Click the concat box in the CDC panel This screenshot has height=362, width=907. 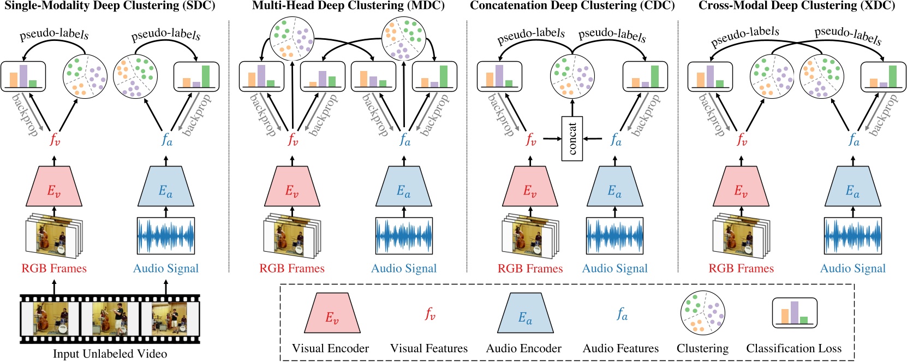[572, 138]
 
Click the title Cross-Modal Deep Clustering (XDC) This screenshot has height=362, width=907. [797, 6]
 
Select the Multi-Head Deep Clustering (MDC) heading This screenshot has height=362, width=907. [348, 6]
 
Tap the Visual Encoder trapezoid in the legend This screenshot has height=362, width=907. [332, 313]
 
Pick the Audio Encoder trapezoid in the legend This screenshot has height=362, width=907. [524, 313]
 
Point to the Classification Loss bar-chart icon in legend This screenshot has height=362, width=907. [795, 313]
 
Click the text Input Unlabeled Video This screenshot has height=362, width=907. [110, 354]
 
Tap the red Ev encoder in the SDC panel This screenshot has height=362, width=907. [54, 187]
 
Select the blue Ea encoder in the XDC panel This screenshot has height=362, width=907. [852, 187]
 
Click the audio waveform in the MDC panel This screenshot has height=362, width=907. [404, 236]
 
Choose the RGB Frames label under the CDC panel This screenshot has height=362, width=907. [530, 269]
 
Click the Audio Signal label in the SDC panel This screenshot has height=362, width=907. [166, 269]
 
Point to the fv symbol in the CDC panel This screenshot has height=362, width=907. [530, 140]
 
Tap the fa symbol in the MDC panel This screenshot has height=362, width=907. [404, 140]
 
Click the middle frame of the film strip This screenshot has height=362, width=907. [110, 319]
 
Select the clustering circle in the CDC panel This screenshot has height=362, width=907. [572, 76]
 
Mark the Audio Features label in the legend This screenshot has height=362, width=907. [620, 348]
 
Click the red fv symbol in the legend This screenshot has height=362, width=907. [430, 314]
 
